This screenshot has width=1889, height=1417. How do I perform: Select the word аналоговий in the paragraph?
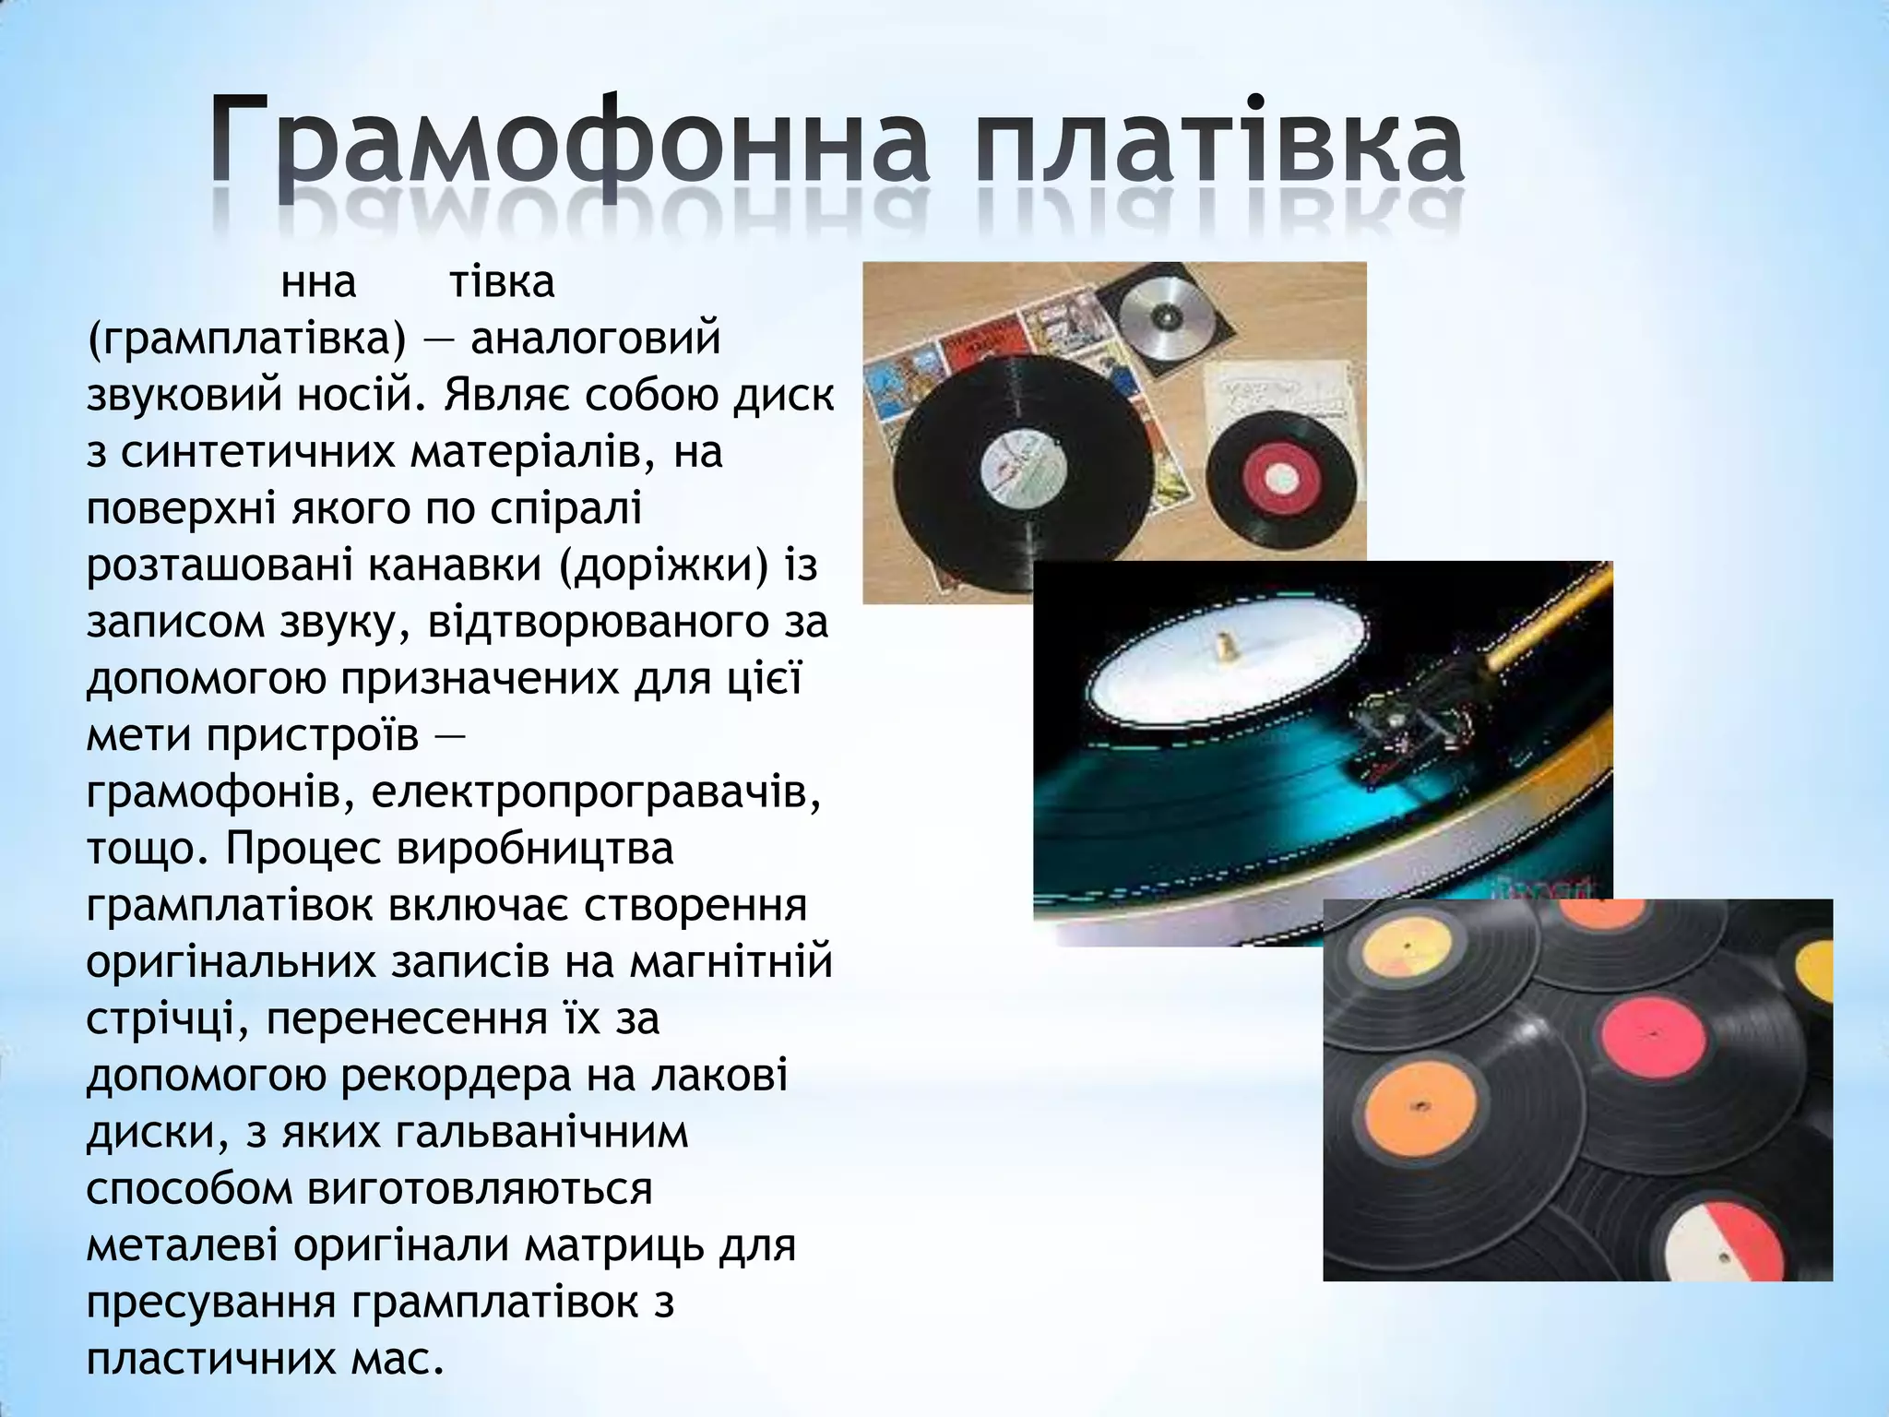pyautogui.click(x=596, y=339)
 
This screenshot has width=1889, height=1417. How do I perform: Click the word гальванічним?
pyautogui.click(x=542, y=1132)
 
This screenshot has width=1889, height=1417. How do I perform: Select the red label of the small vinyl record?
pyautogui.click(x=1280, y=476)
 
